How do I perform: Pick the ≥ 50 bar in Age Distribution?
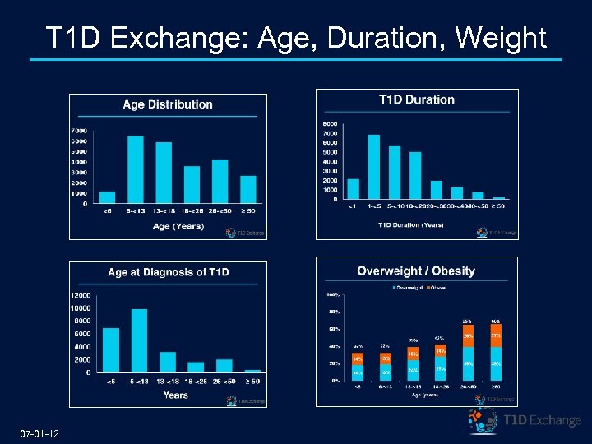pyautogui.click(x=248, y=190)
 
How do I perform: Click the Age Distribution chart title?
pyautogui.click(x=168, y=104)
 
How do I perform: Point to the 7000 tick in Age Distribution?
pyautogui.click(x=79, y=131)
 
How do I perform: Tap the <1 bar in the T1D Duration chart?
pyautogui.click(x=354, y=189)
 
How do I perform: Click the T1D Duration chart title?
pyautogui.click(x=417, y=99)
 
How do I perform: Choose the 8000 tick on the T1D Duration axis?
pyautogui.click(x=329, y=124)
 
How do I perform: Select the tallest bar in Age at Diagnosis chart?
pyautogui.click(x=140, y=341)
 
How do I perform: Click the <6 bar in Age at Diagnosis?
pyautogui.click(x=111, y=350)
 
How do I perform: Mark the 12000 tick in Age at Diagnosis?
pyautogui.click(x=81, y=294)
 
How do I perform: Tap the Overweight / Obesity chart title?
pyautogui.click(x=416, y=271)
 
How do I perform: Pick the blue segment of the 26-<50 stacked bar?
pyautogui.click(x=467, y=364)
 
